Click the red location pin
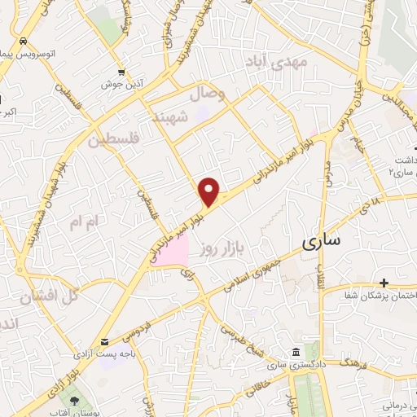[210, 192]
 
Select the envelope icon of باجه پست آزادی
[103, 342]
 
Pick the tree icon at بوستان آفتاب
[76, 401]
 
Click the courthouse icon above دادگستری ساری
[295, 352]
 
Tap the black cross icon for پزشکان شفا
[384, 283]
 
